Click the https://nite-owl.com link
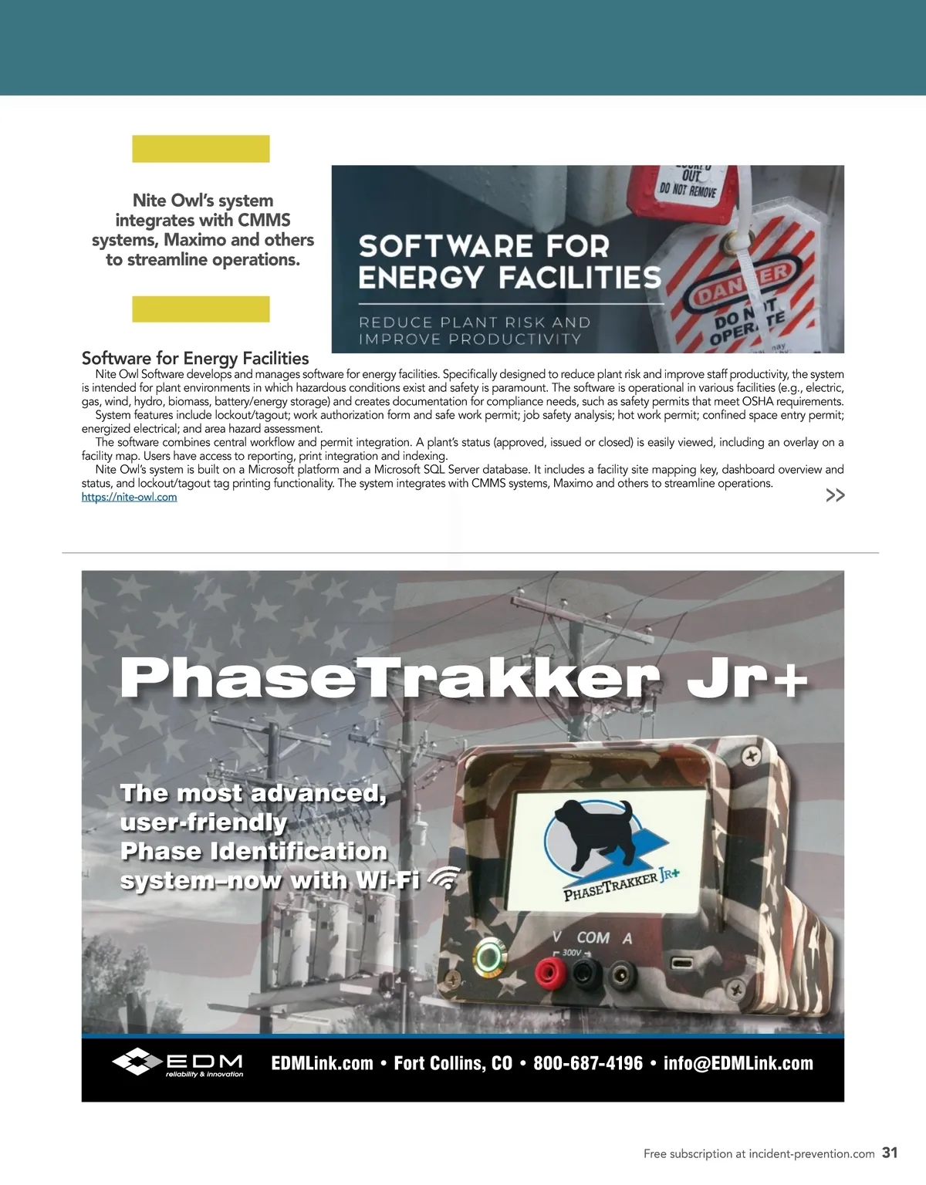[129, 498]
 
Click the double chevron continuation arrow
[835, 495]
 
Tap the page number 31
[890, 1153]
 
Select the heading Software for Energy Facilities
[195, 358]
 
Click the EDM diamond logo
[137, 1062]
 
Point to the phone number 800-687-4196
[588, 1063]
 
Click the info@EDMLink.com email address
[738, 1063]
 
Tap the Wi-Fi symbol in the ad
[442, 877]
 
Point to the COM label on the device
[593, 938]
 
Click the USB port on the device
[683, 963]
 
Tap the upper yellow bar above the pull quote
[201, 149]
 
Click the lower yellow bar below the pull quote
[201, 309]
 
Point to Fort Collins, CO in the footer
[453, 1063]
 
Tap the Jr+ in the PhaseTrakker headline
[746, 678]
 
